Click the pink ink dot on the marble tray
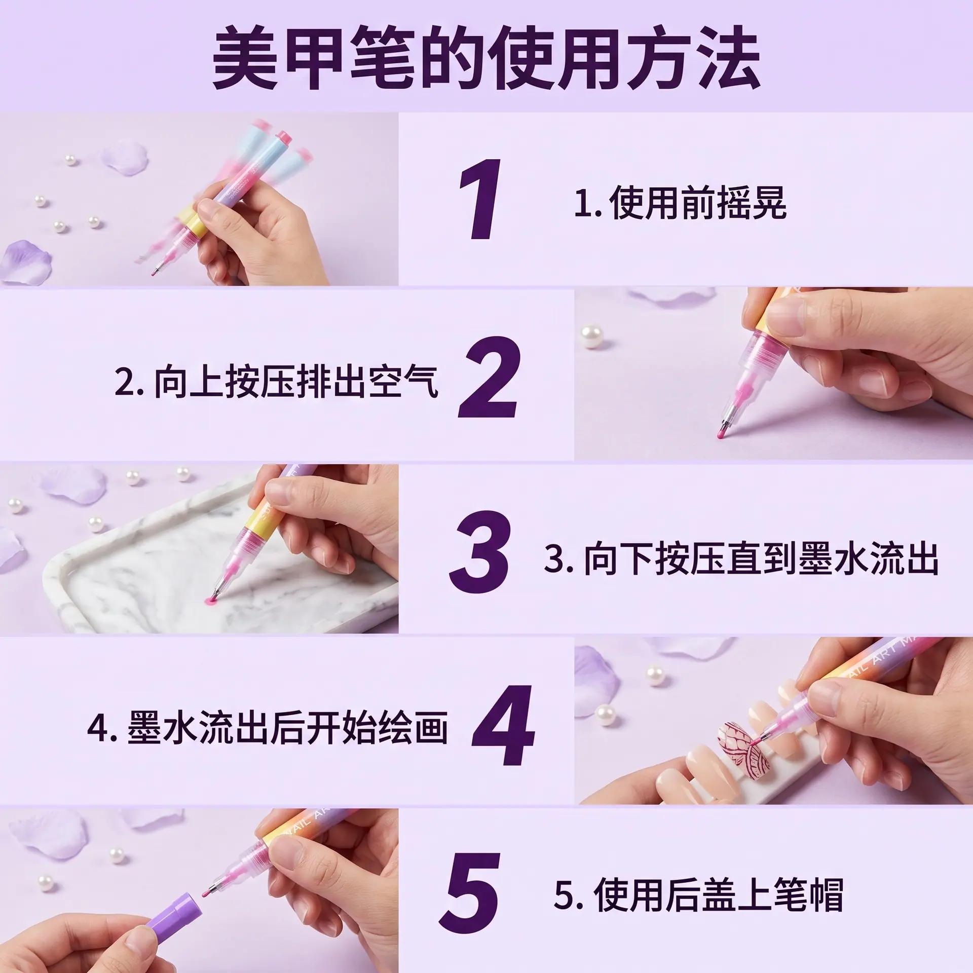pyautogui.click(x=210, y=601)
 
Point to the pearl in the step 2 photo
pyautogui.click(x=592, y=336)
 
